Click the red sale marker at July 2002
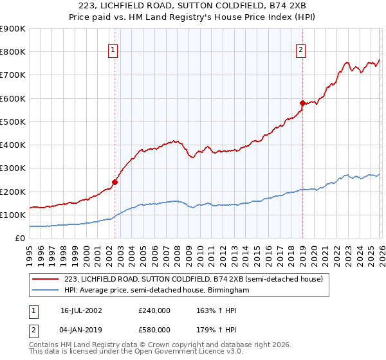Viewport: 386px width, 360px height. (x=115, y=182)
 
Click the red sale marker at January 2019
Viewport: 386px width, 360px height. (x=302, y=103)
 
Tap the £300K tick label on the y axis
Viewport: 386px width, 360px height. (x=13, y=168)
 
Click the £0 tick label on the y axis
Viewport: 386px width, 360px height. (x=19, y=239)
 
